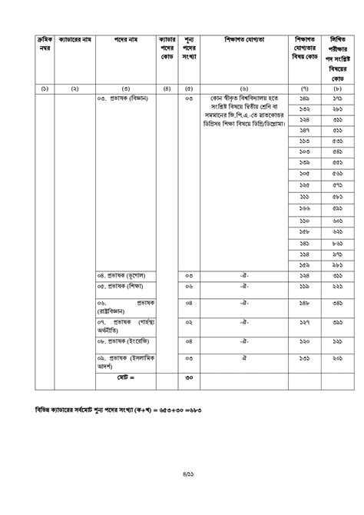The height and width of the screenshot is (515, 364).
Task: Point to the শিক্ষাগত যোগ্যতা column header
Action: click(x=245, y=38)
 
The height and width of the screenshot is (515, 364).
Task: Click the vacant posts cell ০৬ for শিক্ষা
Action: click(x=189, y=286)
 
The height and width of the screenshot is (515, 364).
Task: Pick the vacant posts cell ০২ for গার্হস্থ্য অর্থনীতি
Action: click(x=189, y=323)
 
